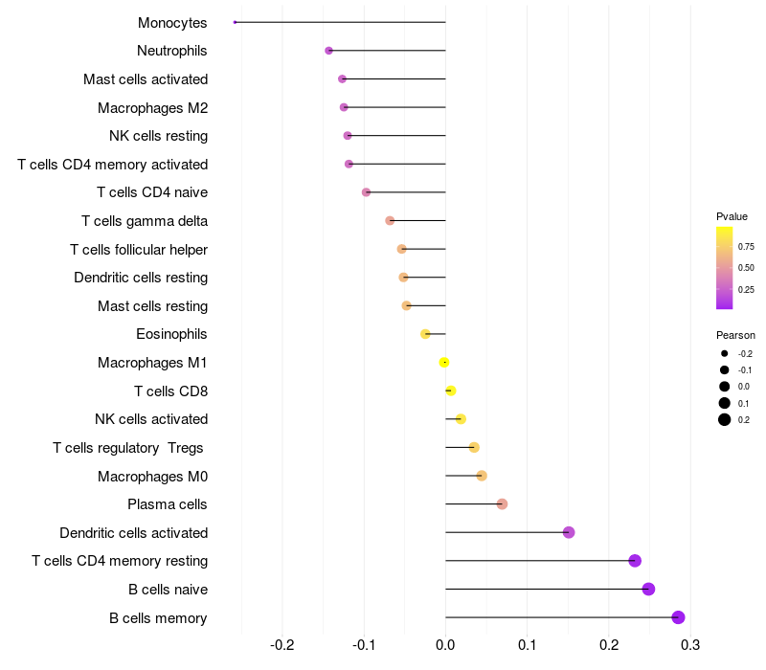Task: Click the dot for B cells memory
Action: (678, 617)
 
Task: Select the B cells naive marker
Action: (648, 589)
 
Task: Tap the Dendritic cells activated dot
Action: (569, 532)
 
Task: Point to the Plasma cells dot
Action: (502, 504)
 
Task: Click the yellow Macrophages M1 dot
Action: (444, 362)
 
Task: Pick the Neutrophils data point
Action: (328, 51)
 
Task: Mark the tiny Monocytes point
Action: (235, 22)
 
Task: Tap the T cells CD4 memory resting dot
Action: (634, 561)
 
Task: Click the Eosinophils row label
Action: (172, 334)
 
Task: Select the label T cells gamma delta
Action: (145, 221)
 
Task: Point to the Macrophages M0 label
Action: (152, 476)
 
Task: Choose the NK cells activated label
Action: (151, 419)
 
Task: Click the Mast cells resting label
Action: (152, 306)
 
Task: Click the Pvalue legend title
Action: (732, 216)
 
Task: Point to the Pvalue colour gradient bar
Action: (725, 268)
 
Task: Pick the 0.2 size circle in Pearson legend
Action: (725, 419)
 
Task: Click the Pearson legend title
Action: (735, 335)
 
